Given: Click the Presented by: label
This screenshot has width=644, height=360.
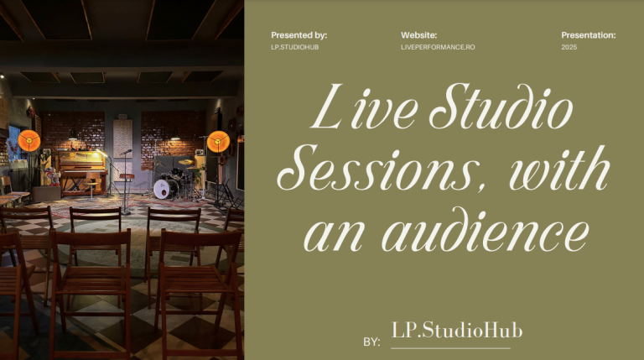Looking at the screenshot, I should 299,35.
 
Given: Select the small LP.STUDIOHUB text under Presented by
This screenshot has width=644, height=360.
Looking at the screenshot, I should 294,47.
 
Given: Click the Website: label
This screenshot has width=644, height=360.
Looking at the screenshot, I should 419,35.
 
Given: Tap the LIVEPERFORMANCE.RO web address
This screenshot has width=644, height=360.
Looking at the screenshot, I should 438,47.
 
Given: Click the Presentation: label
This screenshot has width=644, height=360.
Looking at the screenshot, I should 588,35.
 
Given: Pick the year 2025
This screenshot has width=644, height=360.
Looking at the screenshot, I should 569,47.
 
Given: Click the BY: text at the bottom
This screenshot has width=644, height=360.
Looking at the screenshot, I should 371,342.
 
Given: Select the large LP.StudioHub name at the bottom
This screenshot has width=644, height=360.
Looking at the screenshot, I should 457,331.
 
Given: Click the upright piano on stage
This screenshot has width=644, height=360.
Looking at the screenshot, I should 83,168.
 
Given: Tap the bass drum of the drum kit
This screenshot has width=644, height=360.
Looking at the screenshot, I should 167,189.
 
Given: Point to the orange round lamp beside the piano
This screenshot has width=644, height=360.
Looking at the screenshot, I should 29,140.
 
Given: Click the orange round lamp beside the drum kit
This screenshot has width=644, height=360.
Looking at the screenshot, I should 218,141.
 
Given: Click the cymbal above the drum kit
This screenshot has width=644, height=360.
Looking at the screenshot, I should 185,161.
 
